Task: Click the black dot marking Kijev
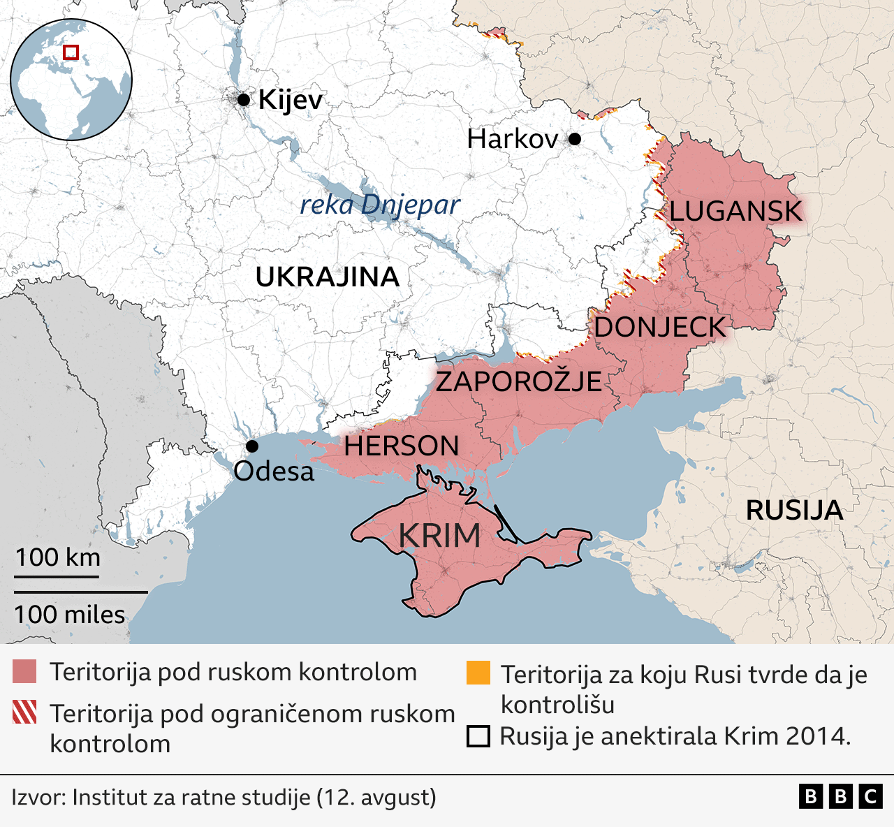243,100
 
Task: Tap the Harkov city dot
574,139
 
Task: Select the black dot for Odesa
252,446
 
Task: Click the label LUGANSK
736,211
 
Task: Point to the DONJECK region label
659,327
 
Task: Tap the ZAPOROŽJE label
518,381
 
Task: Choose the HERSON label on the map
401,446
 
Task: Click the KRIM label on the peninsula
439,536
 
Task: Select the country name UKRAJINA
327,277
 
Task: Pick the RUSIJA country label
794,511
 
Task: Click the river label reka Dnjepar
380,205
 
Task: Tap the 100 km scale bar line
57,577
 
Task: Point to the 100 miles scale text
70,615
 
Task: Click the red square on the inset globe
71,52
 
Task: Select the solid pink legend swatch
24,671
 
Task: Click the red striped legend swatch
24,712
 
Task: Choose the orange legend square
478,673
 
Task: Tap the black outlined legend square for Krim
478,737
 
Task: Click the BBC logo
840,797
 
